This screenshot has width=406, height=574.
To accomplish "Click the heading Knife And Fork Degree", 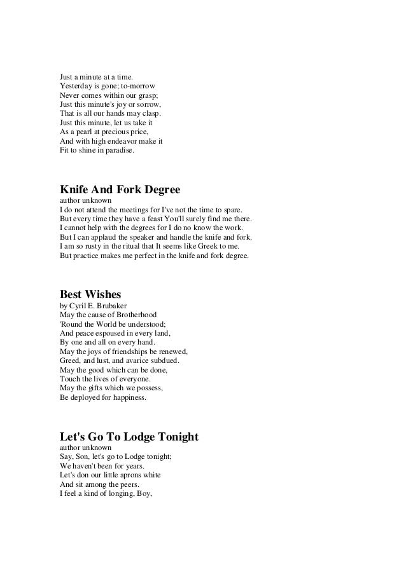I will pos(120,189).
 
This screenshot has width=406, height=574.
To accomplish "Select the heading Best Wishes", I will pos(90,295).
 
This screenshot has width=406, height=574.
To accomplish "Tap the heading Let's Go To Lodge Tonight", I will pos(129,437).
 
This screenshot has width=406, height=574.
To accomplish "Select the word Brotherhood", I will pos(132,315).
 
